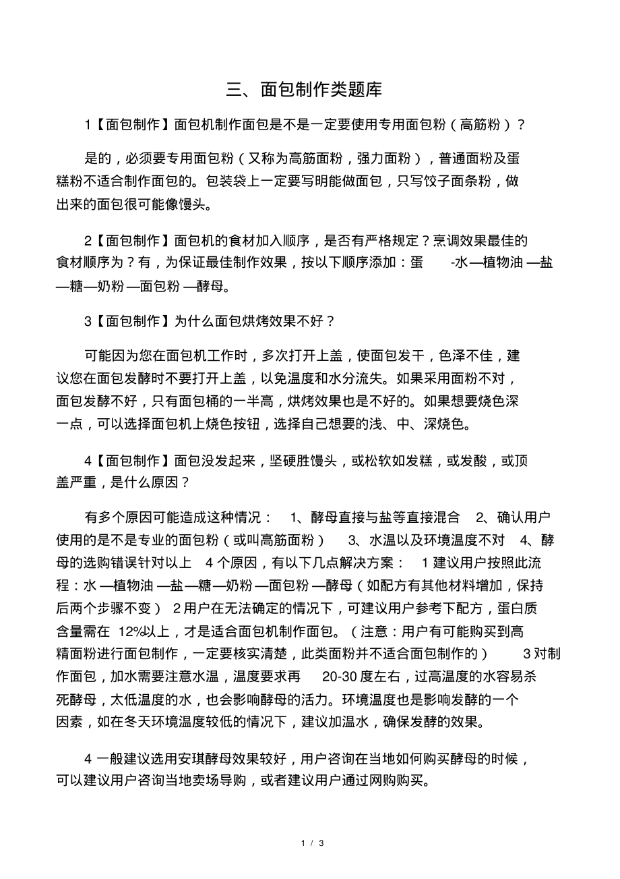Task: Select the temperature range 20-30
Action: tap(340, 677)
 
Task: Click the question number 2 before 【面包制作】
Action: tap(88, 240)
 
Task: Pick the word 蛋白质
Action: tap(515, 608)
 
